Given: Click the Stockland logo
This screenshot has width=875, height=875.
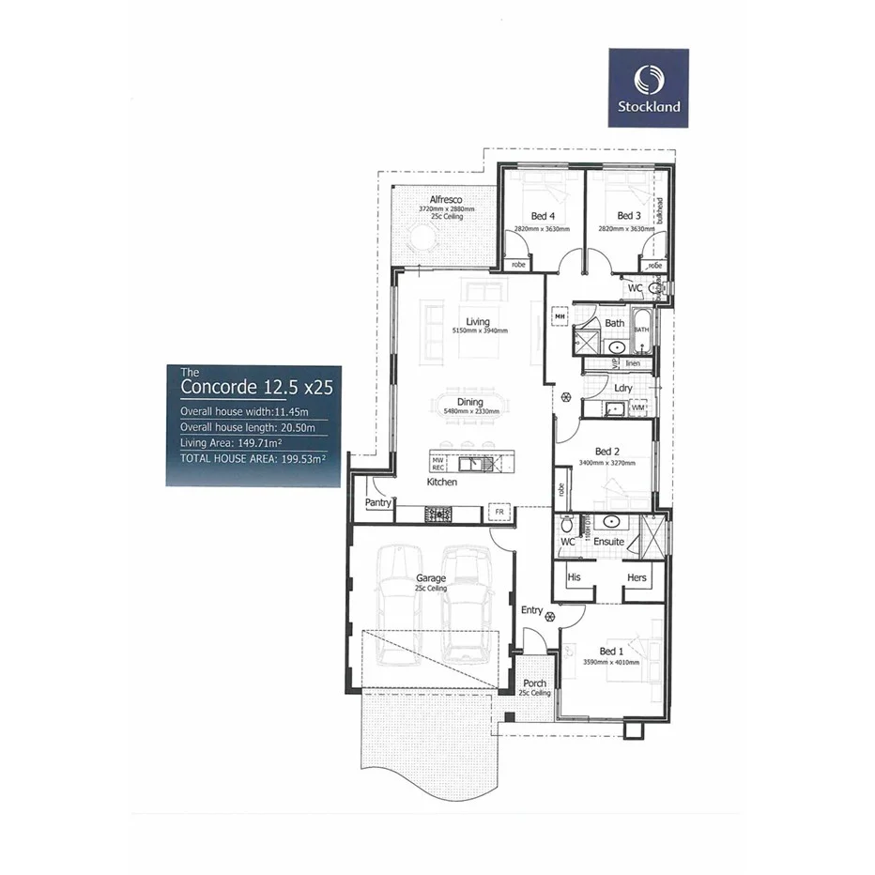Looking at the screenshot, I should pos(649,87).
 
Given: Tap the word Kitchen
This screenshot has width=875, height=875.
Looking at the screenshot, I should pos(441,482).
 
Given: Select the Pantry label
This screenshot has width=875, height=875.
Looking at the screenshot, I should pos(378,503).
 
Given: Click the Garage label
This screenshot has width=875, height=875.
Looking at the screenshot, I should pos(431,578).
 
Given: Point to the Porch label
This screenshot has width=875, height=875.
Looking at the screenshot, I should pos(535,683).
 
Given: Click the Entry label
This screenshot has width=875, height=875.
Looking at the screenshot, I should pos(532,610).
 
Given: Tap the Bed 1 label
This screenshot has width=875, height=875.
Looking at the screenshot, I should pos(610,651).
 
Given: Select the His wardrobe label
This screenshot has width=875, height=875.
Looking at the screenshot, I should pos(574,577).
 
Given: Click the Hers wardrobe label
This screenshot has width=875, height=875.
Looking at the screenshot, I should pos(637,577).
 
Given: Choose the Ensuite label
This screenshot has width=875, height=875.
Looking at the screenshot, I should pos(610,542).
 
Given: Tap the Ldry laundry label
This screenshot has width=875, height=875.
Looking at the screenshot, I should pos(622,388).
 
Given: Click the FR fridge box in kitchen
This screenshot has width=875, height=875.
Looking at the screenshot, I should pos(499,513).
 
